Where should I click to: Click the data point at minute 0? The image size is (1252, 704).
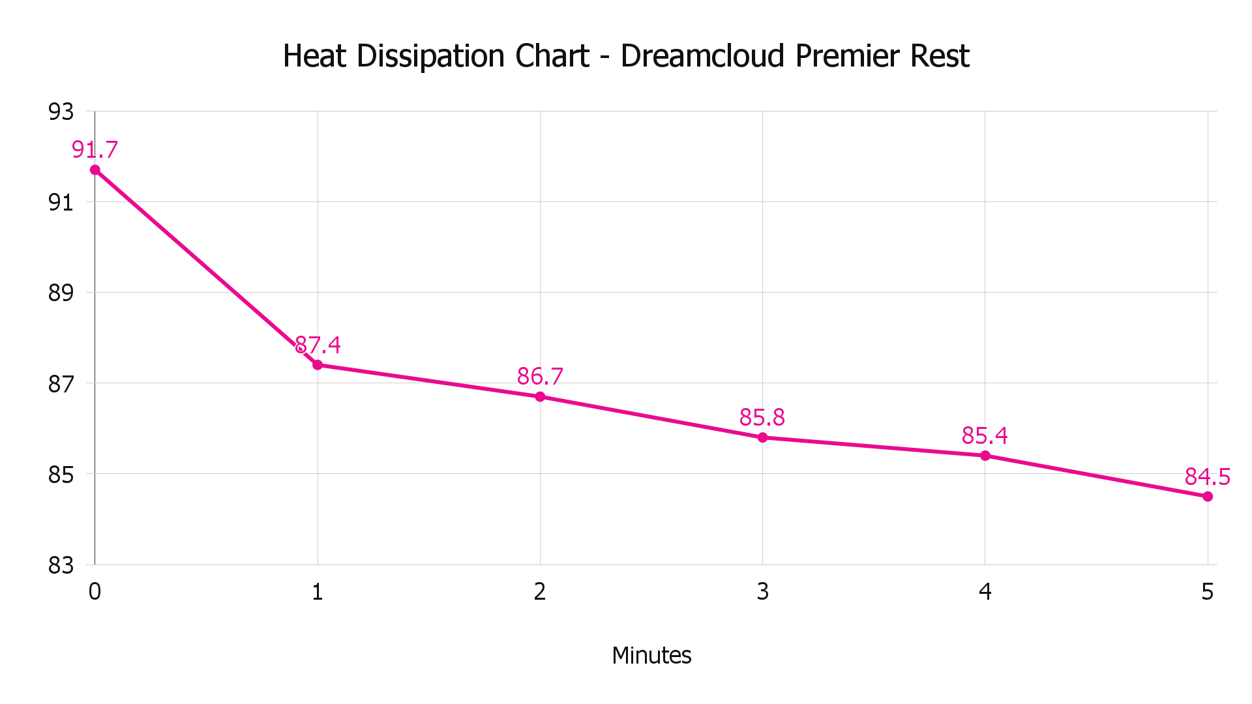pyautogui.click(x=95, y=170)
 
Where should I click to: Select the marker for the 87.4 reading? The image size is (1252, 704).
pyautogui.click(x=318, y=365)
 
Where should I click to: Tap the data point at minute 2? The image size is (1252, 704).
pyautogui.click(x=540, y=396)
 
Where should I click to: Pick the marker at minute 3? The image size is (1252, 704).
pyautogui.click(x=762, y=437)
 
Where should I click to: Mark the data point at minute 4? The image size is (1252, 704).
pyautogui.click(x=985, y=456)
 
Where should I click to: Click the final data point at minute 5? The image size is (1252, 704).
pyautogui.click(x=1208, y=497)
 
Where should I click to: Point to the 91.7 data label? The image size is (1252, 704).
pyautogui.click(x=95, y=150)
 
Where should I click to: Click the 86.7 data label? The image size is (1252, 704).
pyautogui.click(x=540, y=376)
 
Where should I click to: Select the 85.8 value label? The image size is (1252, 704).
pyautogui.click(x=762, y=417)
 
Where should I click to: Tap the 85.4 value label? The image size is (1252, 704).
pyautogui.click(x=985, y=435)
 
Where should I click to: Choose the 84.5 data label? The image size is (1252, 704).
pyautogui.click(x=1208, y=477)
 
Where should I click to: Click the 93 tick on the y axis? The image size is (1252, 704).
pyautogui.click(x=61, y=112)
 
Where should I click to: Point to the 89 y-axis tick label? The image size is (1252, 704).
pyautogui.click(x=61, y=293)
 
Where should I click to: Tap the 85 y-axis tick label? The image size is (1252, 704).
pyautogui.click(x=61, y=475)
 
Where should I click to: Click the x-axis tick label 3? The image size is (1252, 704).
pyautogui.click(x=762, y=592)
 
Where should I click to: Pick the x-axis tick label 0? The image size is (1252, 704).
pyautogui.click(x=95, y=592)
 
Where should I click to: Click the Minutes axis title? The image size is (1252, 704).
pyautogui.click(x=651, y=655)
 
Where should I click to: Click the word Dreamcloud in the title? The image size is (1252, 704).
pyautogui.click(x=702, y=56)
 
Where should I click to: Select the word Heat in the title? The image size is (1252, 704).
pyautogui.click(x=314, y=56)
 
